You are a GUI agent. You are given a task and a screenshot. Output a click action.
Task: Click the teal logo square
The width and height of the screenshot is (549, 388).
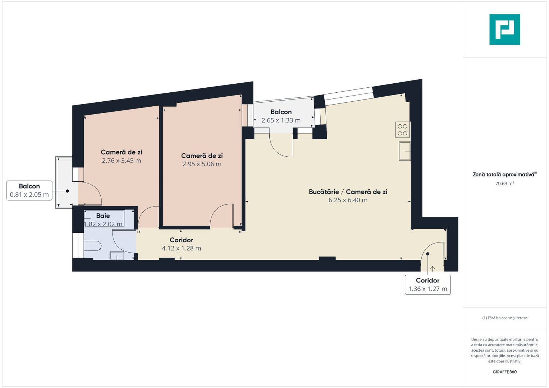click(504, 29)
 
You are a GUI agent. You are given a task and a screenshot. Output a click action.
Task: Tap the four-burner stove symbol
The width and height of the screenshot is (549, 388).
click(403, 130)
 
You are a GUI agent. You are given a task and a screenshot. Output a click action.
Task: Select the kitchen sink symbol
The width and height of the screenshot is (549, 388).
click(405, 151)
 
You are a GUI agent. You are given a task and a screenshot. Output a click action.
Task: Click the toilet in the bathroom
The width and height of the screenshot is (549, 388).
click(92, 246)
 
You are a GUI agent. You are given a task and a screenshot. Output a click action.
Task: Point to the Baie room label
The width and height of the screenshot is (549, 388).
click(103, 216)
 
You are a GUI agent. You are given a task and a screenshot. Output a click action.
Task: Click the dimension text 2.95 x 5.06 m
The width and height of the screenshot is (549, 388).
click(202, 164)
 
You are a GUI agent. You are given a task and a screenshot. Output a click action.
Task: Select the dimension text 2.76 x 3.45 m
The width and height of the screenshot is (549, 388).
click(121, 161)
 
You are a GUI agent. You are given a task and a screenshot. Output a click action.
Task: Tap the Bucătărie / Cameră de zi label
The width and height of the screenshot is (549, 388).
click(348, 192)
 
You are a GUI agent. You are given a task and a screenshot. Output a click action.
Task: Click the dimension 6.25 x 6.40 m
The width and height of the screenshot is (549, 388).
click(348, 200)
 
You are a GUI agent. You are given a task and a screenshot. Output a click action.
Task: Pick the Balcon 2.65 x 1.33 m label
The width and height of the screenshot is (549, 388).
click(281, 116)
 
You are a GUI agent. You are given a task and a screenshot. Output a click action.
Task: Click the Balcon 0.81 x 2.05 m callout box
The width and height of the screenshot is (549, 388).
click(29, 190)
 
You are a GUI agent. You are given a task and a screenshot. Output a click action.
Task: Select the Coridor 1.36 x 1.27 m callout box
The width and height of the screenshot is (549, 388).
click(427, 285)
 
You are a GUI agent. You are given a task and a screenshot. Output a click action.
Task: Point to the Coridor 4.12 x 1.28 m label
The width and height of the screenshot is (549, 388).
click(181, 244)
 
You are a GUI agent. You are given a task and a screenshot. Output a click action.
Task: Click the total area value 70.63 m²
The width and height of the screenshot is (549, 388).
click(504, 184)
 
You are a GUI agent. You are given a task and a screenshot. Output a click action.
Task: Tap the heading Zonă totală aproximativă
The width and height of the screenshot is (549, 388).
click(504, 175)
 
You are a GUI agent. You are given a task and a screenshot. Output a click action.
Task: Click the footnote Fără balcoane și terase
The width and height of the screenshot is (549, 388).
click(504, 318)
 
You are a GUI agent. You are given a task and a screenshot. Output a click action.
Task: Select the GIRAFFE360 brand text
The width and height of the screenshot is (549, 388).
click(504, 372)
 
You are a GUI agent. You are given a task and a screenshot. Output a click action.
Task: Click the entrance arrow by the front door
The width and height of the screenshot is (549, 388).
click(432, 268)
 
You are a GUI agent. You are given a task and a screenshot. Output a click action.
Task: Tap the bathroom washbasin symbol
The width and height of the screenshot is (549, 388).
click(116, 255)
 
